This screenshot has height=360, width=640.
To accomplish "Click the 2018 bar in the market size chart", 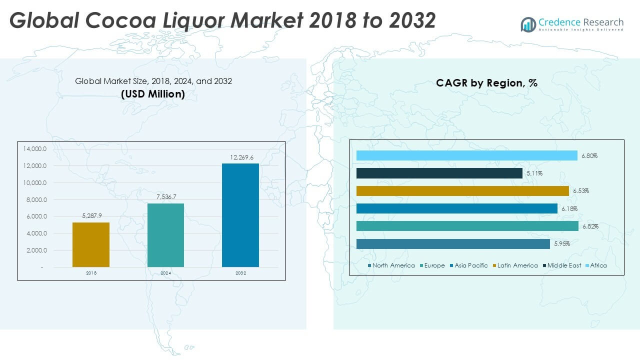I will point(90,244).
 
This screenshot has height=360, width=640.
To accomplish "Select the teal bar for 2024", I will point(165,235).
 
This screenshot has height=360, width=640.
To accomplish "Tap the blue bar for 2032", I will point(240,215).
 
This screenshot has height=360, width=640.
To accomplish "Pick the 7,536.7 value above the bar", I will point(165,197).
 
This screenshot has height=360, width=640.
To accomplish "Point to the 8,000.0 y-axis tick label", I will point(34,200).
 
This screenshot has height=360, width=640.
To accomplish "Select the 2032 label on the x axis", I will point(240,273).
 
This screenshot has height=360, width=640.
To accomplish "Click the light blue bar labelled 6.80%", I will point(466,155).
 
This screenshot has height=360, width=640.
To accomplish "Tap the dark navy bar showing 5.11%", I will point(439,173).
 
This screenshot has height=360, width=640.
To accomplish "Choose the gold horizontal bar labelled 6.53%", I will point(462,191).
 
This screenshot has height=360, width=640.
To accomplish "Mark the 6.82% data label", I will point(590,226).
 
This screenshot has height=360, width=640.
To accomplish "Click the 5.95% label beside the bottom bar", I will point(562,244).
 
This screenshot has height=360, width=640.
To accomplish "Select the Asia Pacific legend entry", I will point(470,265).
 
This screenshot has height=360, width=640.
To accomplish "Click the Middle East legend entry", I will point(563,265).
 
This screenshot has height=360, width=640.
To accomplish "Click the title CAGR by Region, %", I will point(486,83).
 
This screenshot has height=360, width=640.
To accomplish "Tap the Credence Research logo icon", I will point(528,24).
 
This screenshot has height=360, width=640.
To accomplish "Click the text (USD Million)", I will point(153,93).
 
